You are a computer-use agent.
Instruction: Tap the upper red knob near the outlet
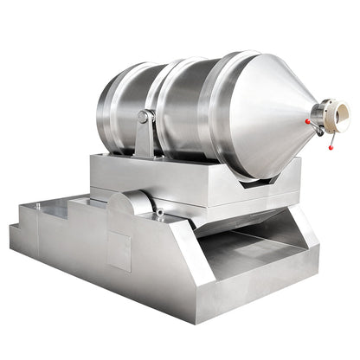(309, 122)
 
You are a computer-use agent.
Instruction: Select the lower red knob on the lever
(329, 147)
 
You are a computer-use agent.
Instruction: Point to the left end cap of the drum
(108, 108)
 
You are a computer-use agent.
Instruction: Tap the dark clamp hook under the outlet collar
(319, 131)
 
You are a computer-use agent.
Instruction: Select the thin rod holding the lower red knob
(326, 138)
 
